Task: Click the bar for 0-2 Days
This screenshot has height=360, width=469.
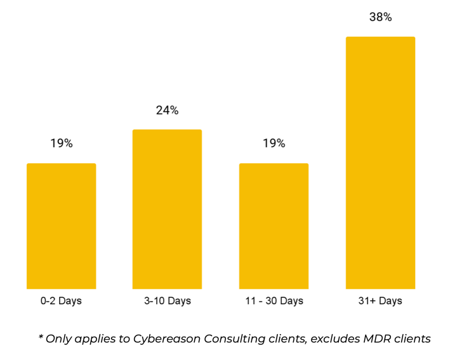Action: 61,226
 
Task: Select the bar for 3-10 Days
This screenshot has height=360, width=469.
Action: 167,210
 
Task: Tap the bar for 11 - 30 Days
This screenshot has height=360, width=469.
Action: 274,226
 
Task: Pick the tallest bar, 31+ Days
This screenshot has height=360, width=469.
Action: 380,163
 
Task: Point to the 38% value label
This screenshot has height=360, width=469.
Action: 380,17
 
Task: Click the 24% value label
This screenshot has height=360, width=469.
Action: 167,110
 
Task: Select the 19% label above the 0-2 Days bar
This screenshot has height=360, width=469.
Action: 62,143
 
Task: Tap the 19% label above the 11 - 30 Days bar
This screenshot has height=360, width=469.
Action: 274,143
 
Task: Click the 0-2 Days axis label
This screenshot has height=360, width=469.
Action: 61,301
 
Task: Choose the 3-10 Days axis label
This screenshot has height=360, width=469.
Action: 167,301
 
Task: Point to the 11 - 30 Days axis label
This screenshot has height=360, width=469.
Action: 274,301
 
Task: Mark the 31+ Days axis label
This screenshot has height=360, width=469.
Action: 380,301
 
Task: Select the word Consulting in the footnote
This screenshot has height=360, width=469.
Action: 234,339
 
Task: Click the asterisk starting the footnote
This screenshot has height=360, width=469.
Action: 41,337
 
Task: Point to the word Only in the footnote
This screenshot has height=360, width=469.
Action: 58,339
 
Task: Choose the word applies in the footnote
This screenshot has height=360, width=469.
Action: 95,339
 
